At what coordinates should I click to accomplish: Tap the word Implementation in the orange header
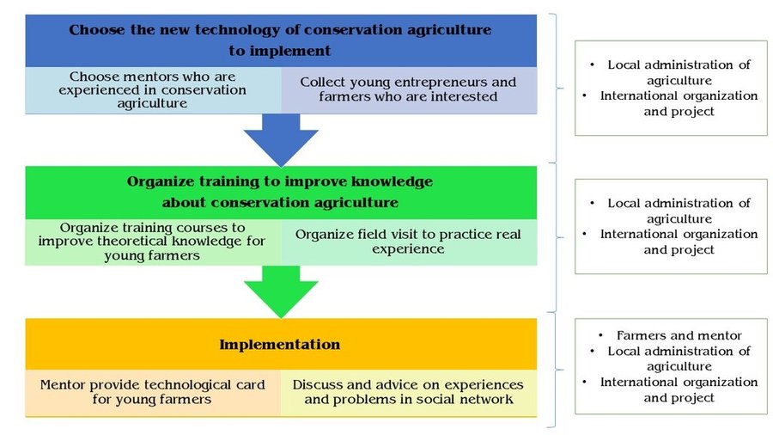point(279,344)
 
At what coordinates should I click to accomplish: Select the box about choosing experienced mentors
point(153,90)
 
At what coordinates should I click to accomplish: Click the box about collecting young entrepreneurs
point(409,90)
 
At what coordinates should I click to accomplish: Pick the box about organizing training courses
point(153,242)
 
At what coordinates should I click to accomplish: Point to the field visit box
point(409,242)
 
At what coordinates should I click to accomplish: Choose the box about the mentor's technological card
point(153,393)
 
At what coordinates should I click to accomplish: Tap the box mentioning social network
point(409,393)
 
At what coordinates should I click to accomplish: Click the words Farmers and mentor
point(679,335)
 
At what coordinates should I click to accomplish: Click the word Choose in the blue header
point(96,30)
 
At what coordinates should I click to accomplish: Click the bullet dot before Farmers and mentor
point(600,335)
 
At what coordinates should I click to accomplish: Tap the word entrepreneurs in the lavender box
point(444,83)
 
